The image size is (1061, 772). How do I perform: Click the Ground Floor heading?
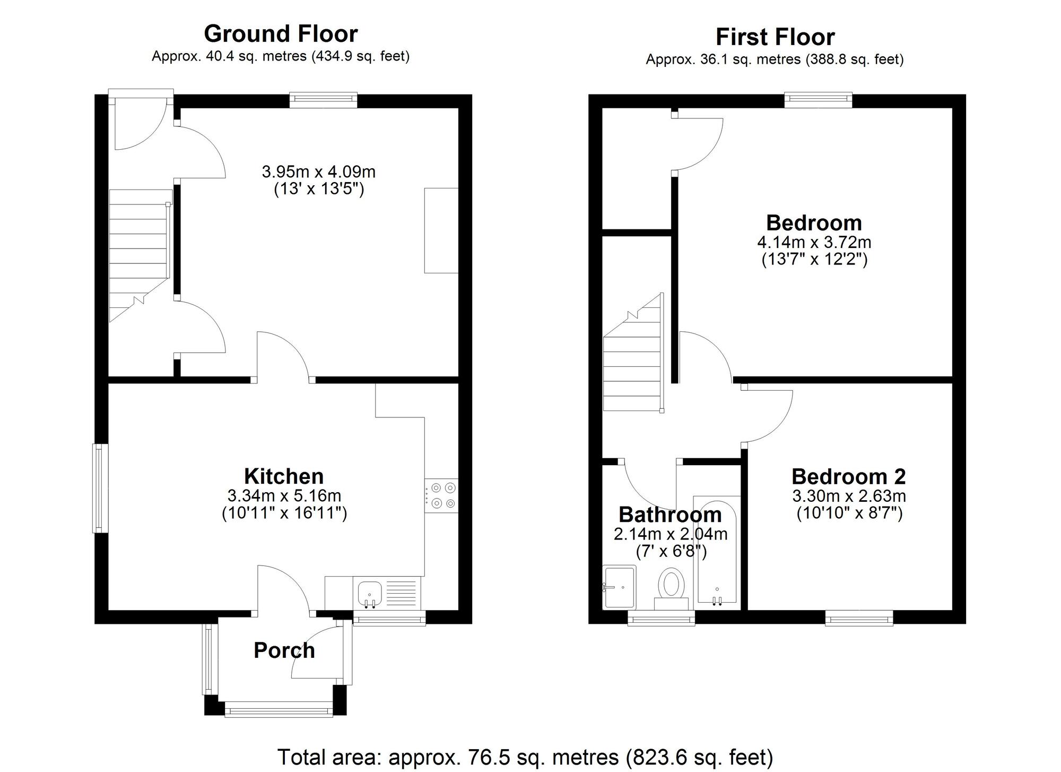pyautogui.click(x=281, y=34)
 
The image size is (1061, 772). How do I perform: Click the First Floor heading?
pyautogui.click(x=775, y=37)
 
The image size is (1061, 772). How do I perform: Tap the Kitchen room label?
pyautogui.click(x=284, y=476)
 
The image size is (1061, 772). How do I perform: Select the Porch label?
pyautogui.click(x=284, y=650)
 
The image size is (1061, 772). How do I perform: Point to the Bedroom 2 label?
pyautogui.click(x=849, y=476)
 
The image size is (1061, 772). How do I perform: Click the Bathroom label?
pyautogui.click(x=670, y=514)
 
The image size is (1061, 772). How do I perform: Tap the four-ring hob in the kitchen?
pyautogui.click(x=441, y=495)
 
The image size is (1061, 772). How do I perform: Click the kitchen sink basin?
pyautogui.click(x=370, y=594)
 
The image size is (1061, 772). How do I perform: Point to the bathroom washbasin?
pyautogui.click(x=620, y=587)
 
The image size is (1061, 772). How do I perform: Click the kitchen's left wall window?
pyautogui.click(x=101, y=488)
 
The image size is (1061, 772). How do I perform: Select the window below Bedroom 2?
pyautogui.click(x=859, y=617)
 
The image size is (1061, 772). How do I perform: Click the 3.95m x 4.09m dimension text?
pyautogui.click(x=319, y=172)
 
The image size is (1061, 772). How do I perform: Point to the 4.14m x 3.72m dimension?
pyautogui.click(x=814, y=243)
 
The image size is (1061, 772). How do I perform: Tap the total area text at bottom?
pyautogui.click(x=525, y=757)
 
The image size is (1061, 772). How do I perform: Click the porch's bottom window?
pyautogui.click(x=279, y=709)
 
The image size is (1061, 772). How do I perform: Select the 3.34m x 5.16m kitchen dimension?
pyautogui.click(x=284, y=496)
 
